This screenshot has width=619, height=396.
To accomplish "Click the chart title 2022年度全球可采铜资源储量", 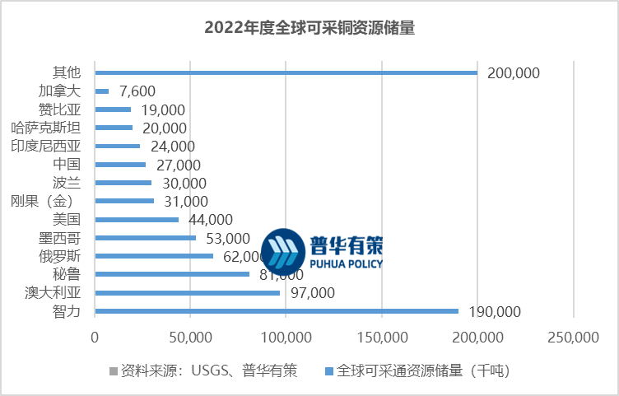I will click(309, 28).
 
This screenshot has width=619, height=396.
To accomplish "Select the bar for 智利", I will click(277, 311).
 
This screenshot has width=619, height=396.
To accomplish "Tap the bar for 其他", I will click(286, 72).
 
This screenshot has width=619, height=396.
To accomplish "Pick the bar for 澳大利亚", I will click(188, 292).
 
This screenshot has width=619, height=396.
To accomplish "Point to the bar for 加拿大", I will click(102, 91).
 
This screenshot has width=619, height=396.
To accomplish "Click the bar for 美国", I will click(137, 220).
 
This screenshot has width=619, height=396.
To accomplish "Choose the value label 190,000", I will click(494, 311).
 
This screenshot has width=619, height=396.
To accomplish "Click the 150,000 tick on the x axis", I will click(383, 338).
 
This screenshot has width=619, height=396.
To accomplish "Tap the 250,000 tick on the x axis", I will click(574, 338).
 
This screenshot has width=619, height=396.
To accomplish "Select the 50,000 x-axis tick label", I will click(190, 338).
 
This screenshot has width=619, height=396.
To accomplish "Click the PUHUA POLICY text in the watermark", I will click(346, 263).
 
